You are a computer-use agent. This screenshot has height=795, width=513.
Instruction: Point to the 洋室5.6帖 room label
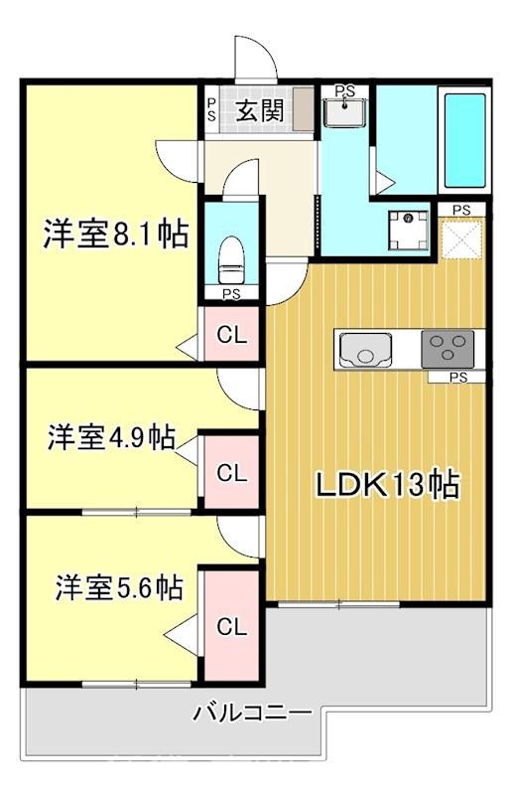tap(118, 587)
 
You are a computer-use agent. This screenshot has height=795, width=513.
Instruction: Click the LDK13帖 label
tap(387, 485)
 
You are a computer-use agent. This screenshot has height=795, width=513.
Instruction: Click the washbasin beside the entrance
tap(345, 112)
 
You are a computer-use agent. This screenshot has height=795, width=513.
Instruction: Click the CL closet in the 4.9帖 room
tap(232, 473)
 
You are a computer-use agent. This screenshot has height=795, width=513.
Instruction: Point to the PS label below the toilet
tap(231, 294)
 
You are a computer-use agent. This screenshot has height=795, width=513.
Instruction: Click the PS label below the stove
tap(457, 378)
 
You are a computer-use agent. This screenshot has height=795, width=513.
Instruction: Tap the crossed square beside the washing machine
tap(461, 238)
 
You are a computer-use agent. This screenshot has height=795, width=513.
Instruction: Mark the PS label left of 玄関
tap(211, 109)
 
